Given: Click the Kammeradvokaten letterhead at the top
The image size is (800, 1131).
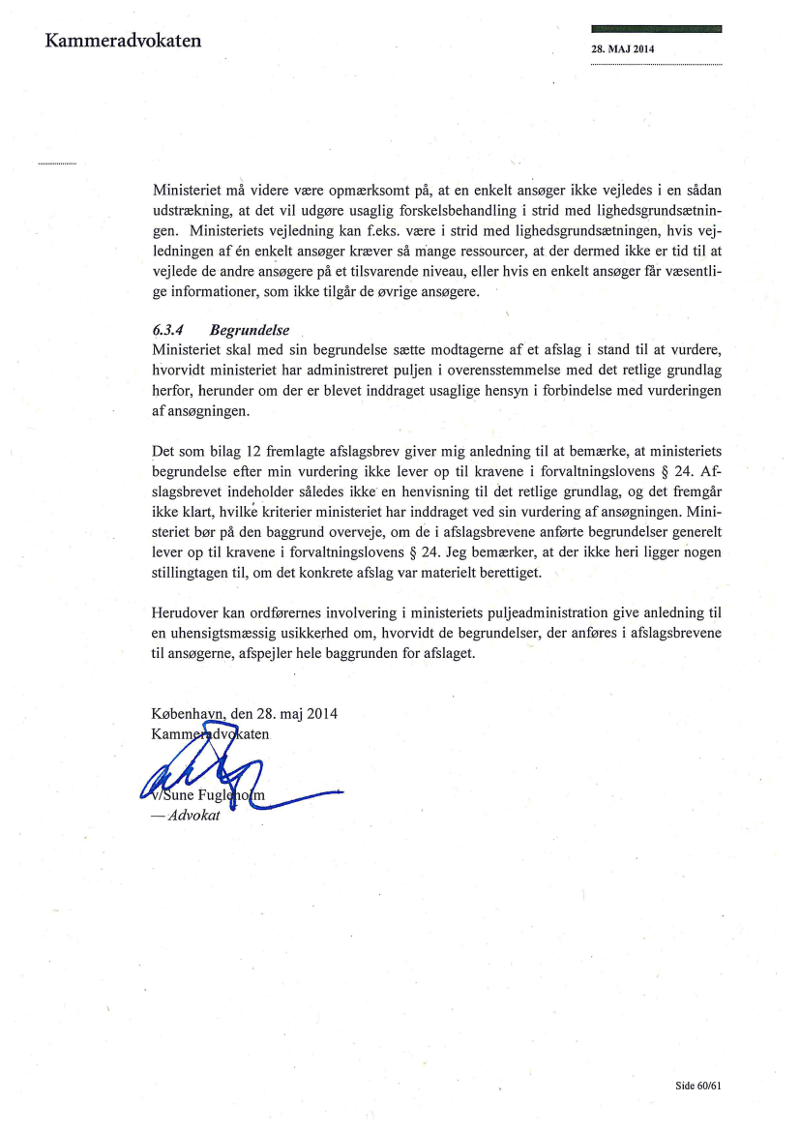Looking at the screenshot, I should pyautogui.click(x=122, y=41).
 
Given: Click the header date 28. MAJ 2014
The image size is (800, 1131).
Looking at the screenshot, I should pyautogui.click(x=624, y=49).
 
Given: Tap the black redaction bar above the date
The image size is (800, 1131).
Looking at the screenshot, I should pyautogui.click(x=656, y=30).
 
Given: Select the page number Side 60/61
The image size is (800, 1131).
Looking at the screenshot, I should pyautogui.click(x=698, y=1086).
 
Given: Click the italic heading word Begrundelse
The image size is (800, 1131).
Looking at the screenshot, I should pyautogui.click(x=249, y=330).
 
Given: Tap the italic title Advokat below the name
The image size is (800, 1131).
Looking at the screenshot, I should pyautogui.click(x=193, y=817).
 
